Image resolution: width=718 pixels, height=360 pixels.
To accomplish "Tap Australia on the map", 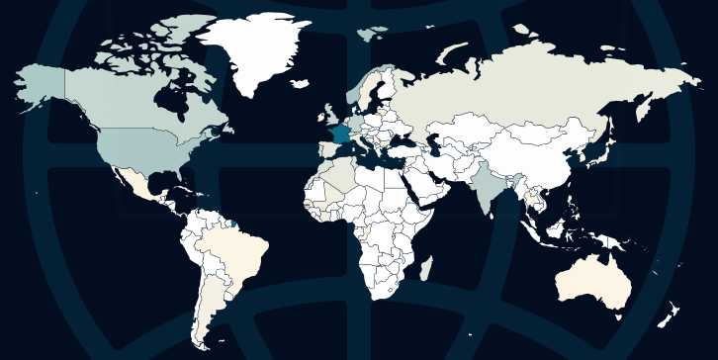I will coord(593,282).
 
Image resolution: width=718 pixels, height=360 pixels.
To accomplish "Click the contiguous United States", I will coord(148,148).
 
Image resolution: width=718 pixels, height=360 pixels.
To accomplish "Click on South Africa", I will coord(386,287).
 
